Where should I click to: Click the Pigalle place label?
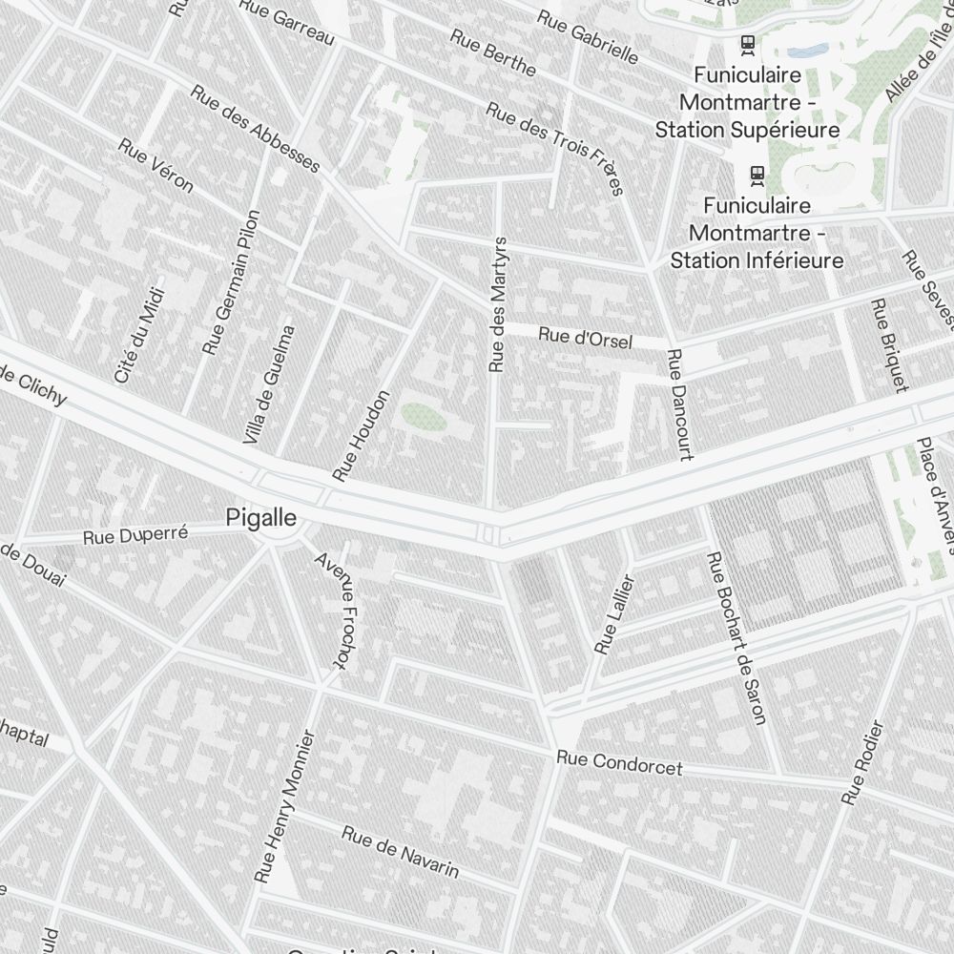point(261,518)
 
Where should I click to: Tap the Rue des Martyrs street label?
point(496,304)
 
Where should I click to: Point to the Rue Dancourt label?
point(679,404)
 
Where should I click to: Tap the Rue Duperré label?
point(135,535)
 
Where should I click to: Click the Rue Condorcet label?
point(619,762)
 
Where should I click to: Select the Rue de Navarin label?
point(401,851)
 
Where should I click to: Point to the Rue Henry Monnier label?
point(285,806)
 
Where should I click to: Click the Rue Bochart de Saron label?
point(736,638)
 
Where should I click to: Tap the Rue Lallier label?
point(614,614)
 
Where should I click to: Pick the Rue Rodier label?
point(863,762)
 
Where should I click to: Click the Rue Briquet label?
point(887,345)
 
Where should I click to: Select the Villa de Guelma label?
point(269,385)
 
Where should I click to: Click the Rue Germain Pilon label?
point(231,282)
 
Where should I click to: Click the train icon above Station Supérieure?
point(748,43)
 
